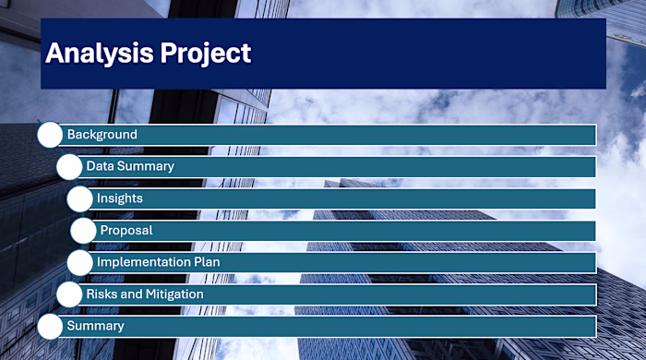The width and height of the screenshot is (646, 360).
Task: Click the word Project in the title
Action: [206, 54]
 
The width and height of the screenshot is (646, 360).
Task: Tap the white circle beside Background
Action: [50, 135]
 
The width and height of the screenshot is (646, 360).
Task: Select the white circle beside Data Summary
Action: [69, 167]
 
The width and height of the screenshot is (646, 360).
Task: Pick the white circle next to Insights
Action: [80, 198]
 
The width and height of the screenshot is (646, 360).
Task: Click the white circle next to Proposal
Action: [83, 231]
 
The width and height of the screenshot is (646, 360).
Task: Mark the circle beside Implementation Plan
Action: [80, 262]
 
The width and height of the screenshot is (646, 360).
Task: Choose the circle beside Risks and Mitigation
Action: [69, 294]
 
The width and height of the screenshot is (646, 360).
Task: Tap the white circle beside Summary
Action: [50, 326]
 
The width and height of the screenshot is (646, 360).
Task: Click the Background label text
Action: [102, 135]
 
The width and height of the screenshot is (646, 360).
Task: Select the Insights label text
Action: [120, 198]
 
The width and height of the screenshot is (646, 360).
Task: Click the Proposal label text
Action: [126, 231]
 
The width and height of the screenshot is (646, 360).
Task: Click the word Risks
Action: [102, 294]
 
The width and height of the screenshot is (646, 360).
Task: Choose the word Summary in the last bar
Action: [95, 326]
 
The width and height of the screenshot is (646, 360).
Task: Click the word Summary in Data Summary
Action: [146, 167]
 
